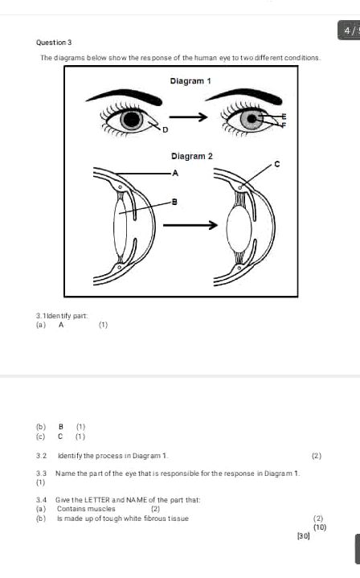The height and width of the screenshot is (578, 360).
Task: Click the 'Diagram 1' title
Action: pos(190,81)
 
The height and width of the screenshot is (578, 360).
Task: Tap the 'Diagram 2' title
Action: pos(191,155)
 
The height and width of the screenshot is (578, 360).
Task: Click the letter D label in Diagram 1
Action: pos(166,129)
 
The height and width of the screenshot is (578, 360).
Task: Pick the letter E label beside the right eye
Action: pos(283,117)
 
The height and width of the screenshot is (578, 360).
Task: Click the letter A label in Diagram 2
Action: pos(175,173)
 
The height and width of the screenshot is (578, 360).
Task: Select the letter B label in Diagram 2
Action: pos(174,201)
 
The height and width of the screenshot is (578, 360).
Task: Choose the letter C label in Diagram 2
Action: pos(277,164)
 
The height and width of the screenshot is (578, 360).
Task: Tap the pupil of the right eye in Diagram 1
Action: pos(253,120)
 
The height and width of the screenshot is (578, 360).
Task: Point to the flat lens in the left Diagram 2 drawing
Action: pos(120,227)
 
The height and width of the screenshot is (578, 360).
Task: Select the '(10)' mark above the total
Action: pos(319,527)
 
